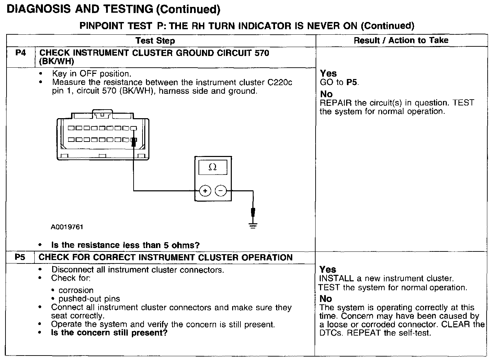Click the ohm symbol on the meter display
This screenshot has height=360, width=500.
[213, 167]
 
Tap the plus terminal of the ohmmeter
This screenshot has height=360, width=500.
[205, 191]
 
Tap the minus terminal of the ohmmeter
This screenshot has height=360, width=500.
[220, 191]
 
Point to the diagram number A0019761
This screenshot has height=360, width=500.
[67, 227]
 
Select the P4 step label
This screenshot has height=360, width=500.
[21, 53]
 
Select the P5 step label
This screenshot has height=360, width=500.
[20, 257]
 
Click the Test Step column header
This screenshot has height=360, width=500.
[155, 41]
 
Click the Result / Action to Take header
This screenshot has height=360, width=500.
[401, 40]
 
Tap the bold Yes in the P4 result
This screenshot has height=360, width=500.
[328, 73]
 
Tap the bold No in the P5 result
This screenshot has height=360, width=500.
[326, 299]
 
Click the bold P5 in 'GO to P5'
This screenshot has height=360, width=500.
[352, 82]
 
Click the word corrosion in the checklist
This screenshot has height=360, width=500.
[76, 290]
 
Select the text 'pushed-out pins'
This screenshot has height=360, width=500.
[89, 299]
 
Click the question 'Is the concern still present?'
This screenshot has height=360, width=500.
[109, 333]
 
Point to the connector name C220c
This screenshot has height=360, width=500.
[280, 82]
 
